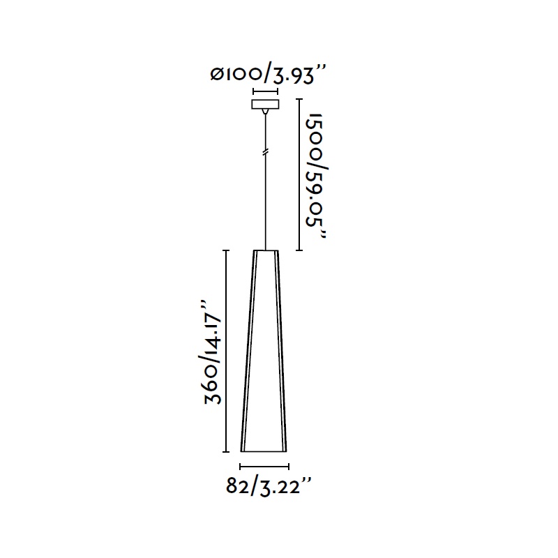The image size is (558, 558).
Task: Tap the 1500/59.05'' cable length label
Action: pyautogui.click(x=315, y=176)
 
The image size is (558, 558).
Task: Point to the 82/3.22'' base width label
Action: pyautogui.click(x=269, y=486)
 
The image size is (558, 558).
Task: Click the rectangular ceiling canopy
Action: pyautogui.click(x=265, y=104)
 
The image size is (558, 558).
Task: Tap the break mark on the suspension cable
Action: pyautogui.click(x=265, y=153)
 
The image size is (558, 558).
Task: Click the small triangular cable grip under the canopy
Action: pyautogui.click(x=264, y=112)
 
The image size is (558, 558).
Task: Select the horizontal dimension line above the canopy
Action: pyautogui.click(x=265, y=91)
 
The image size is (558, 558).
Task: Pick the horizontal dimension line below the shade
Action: pyautogui.click(x=264, y=466)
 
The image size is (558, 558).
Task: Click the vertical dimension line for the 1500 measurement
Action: pyautogui.click(x=299, y=175)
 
